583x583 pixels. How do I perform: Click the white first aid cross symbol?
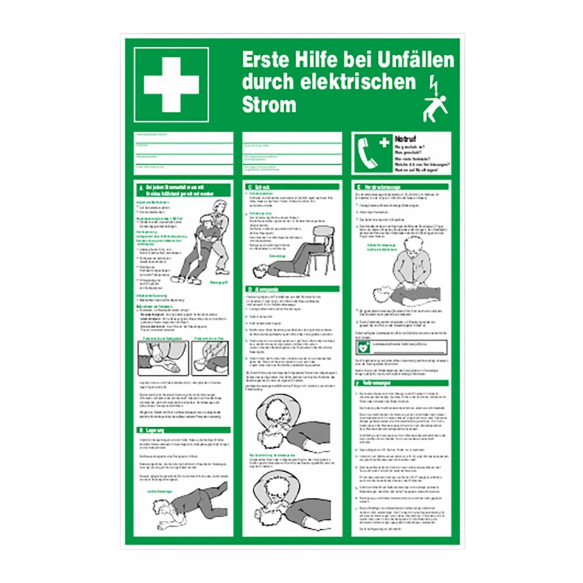coord(171,85)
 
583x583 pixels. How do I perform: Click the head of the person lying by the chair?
coord(258,271)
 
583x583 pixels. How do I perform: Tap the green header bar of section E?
coord(402,187)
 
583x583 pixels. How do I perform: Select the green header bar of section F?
coord(402,383)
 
